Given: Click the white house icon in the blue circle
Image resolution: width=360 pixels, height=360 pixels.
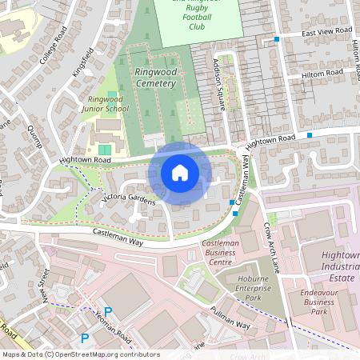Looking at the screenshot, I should point(180,172).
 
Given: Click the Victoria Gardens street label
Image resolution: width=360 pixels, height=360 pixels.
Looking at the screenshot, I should point(128,199).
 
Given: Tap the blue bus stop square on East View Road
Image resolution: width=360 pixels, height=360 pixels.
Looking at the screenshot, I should point(277,38).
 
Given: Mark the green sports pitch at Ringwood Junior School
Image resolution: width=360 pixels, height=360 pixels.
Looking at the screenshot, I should point(105,150).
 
